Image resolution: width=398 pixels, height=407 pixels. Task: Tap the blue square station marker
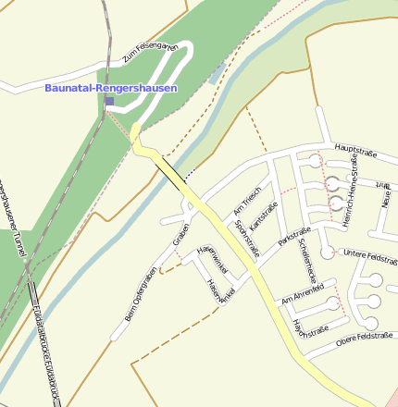coord(109,101)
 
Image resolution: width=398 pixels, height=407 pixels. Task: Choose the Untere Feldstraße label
coord(369,253)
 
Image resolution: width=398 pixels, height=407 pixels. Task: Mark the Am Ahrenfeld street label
coord(303,294)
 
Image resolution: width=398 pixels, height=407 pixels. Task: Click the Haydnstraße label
coord(310,327)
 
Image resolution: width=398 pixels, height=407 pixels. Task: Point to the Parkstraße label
coord(294,238)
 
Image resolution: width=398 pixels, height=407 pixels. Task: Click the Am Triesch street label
coord(247,198)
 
